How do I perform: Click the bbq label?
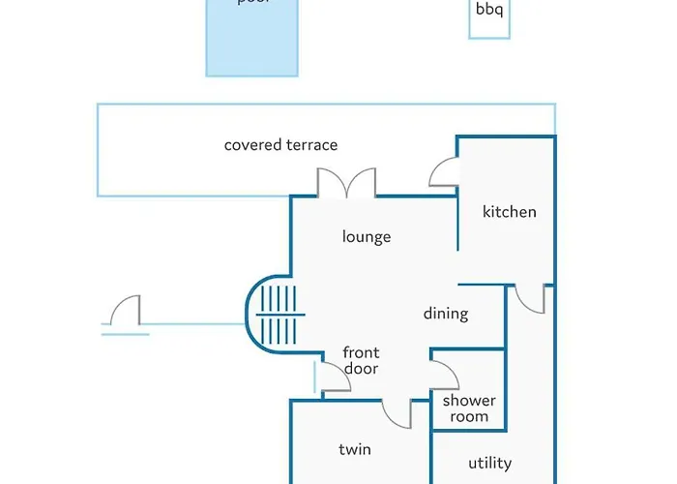coord(489,11)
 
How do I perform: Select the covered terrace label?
coord(280,145)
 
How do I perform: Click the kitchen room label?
coord(509,212)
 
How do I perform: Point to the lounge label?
coord(367,236)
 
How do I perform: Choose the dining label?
coord(446,314)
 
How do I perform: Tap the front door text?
coord(361,360)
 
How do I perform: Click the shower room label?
coord(469,408)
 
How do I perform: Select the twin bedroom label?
coord(355,449)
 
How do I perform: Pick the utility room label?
coord(489,464)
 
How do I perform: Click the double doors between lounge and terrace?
coord(346,184)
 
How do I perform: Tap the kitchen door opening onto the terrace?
coord(445,172)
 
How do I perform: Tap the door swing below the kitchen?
coord(529,299)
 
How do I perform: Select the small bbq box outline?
coord(489,18)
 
